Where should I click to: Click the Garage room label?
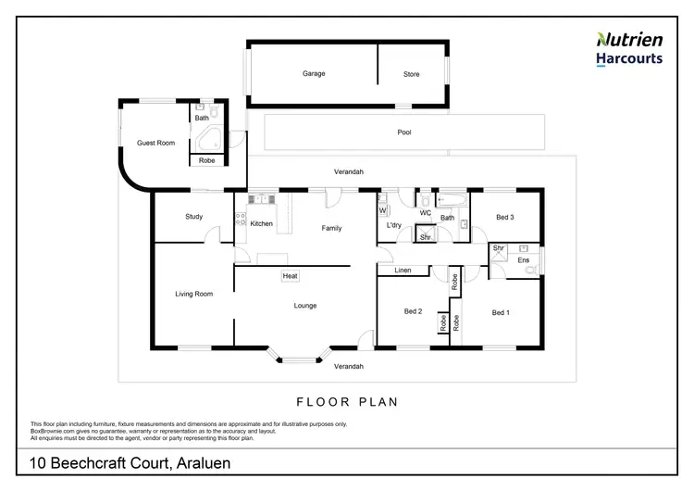tap(314, 74)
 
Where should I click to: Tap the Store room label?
tap(412, 74)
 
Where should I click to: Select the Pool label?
tap(403, 132)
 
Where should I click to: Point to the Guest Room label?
tap(155, 143)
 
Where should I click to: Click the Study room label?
tap(193, 217)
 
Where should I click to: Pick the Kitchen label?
tap(261, 223)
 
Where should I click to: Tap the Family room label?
tap(331, 228)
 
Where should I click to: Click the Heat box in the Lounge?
tap(290, 275)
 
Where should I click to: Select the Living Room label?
tap(194, 294)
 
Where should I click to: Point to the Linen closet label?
tap(403, 271)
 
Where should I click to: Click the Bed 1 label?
tap(501, 312)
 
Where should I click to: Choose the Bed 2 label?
tap(414, 312)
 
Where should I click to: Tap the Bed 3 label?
tap(504, 217)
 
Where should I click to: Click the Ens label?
tap(523, 260)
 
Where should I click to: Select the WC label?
tap(426, 213)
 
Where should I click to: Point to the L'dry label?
tap(392, 226)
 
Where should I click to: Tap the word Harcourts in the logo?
tap(627, 57)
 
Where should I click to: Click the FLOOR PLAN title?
tap(347, 402)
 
